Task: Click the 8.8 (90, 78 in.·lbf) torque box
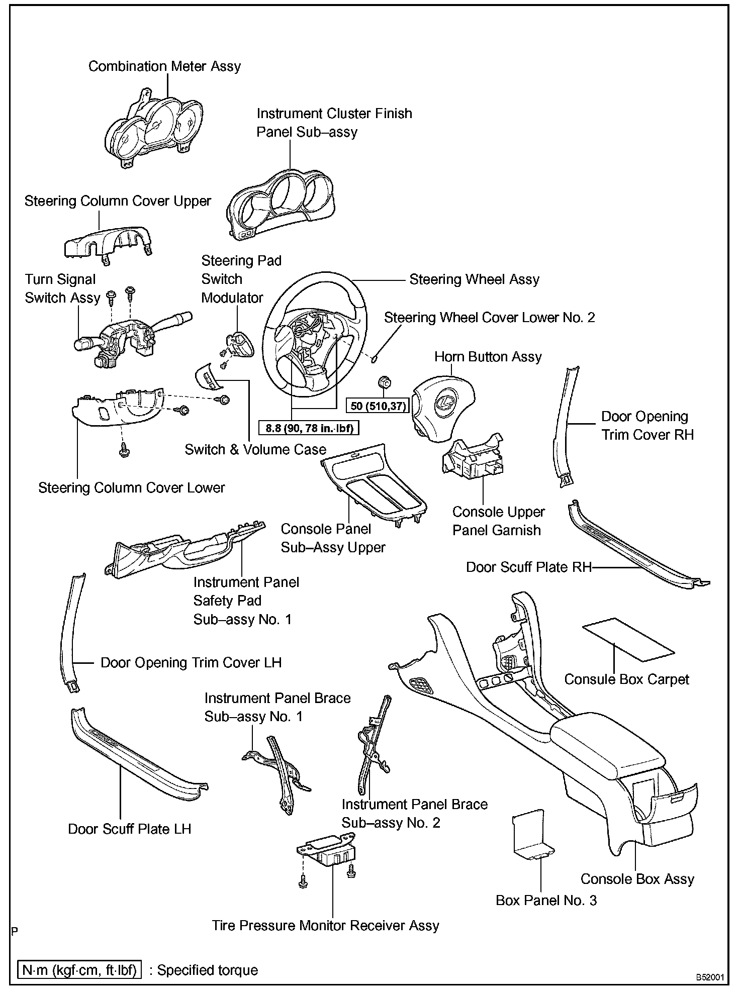(309, 428)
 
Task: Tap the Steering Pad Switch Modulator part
(241, 345)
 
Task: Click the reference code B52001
(710, 977)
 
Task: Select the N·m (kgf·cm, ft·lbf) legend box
(79, 969)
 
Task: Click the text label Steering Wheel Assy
(474, 279)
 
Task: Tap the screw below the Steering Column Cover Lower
(124, 451)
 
